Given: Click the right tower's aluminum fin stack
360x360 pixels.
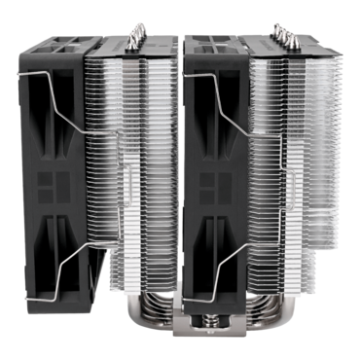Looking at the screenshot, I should point(292,175).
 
